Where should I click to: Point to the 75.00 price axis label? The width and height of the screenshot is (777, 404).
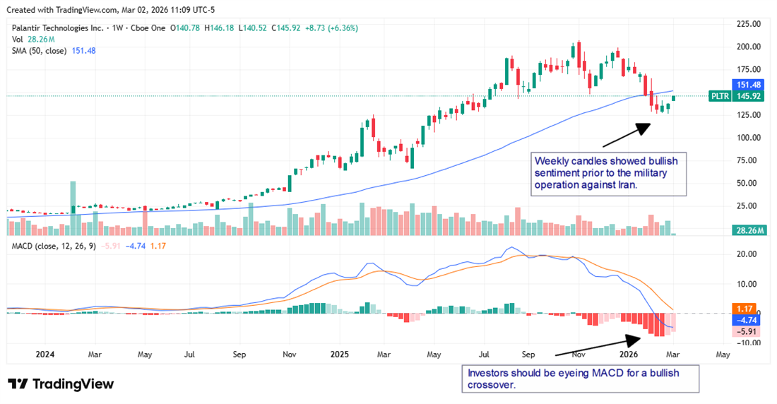(748, 160)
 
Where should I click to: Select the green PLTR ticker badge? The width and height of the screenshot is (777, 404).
(720, 95)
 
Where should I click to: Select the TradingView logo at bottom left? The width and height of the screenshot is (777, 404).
(61, 384)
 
